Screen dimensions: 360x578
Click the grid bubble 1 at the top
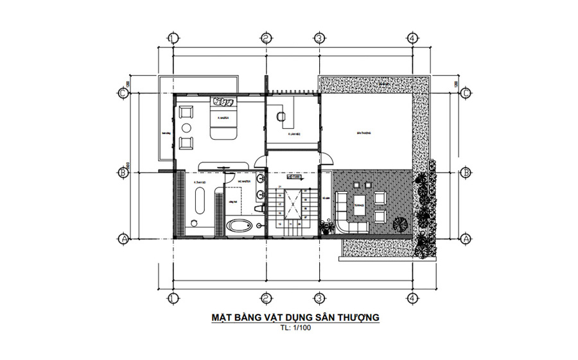(172, 37)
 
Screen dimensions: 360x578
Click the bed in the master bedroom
(223, 117)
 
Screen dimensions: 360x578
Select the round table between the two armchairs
(186, 126)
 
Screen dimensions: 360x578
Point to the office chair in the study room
(280, 116)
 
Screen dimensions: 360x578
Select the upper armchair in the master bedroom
(186, 112)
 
